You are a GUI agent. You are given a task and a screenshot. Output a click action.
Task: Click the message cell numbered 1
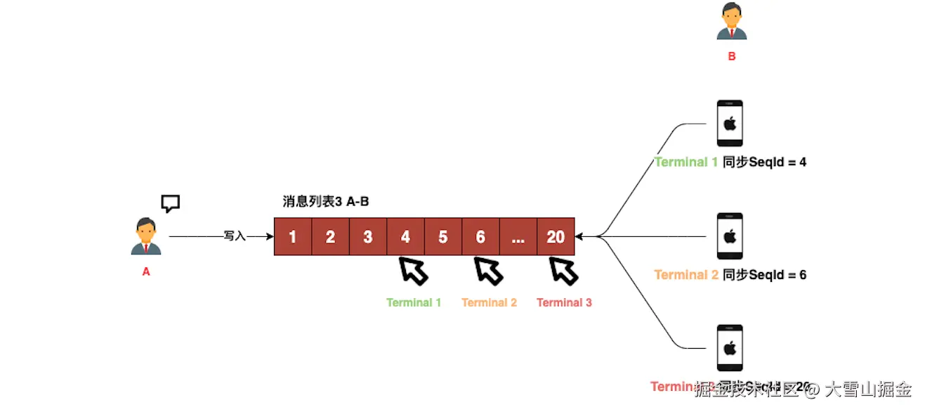(x=293, y=237)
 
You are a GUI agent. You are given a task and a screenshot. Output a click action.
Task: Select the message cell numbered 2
(x=330, y=237)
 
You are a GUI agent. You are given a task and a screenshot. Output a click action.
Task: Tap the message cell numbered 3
(x=368, y=237)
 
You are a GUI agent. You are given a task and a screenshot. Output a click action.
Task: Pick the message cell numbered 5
(x=443, y=237)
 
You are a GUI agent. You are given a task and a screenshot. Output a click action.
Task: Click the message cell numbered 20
(x=556, y=237)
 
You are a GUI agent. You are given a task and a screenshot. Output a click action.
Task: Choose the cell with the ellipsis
(x=518, y=237)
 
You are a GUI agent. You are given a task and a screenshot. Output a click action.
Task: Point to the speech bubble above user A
(x=171, y=204)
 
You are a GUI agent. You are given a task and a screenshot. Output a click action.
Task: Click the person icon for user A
(x=146, y=236)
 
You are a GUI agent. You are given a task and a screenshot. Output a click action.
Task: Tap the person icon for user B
(x=731, y=21)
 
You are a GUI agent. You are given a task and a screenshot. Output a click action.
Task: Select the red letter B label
(x=732, y=56)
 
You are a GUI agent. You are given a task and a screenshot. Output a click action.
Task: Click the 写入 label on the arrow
(x=235, y=236)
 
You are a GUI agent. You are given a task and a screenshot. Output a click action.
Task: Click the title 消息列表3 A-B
(x=326, y=202)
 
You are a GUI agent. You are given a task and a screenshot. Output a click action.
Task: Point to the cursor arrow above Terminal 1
(x=414, y=270)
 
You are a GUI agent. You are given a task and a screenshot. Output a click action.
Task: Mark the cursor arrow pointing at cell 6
(x=489, y=270)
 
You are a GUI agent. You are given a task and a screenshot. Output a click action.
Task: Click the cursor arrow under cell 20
(x=564, y=270)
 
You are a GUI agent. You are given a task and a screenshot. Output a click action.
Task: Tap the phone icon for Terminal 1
(x=730, y=124)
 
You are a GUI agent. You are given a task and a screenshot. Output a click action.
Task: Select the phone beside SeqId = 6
(x=730, y=236)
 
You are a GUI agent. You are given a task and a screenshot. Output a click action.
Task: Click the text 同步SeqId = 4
(x=764, y=162)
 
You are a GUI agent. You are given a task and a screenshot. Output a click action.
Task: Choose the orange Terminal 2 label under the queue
(x=489, y=302)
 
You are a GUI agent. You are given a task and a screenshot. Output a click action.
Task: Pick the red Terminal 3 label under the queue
(x=564, y=302)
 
